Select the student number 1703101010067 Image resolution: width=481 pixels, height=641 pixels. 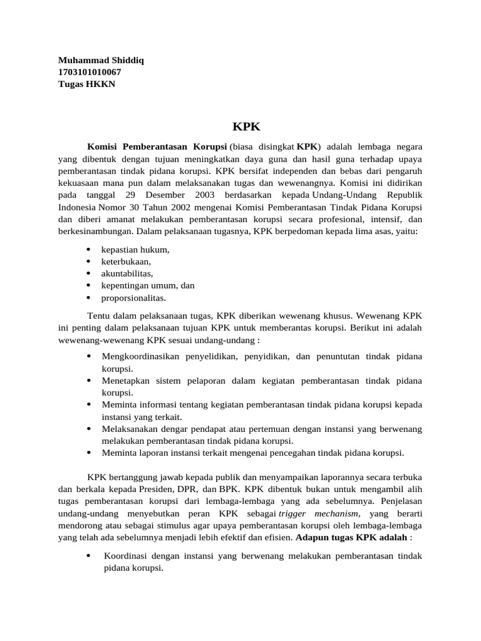90,73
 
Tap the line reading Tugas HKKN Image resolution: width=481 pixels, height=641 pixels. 86,85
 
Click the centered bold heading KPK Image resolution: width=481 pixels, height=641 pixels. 246,126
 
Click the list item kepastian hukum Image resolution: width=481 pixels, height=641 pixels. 135,249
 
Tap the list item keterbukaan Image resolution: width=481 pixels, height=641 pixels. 126,261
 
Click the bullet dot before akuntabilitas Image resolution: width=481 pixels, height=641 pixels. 88,274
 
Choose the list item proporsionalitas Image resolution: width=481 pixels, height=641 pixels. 133,297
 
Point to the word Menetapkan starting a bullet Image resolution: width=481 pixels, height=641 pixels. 124,381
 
